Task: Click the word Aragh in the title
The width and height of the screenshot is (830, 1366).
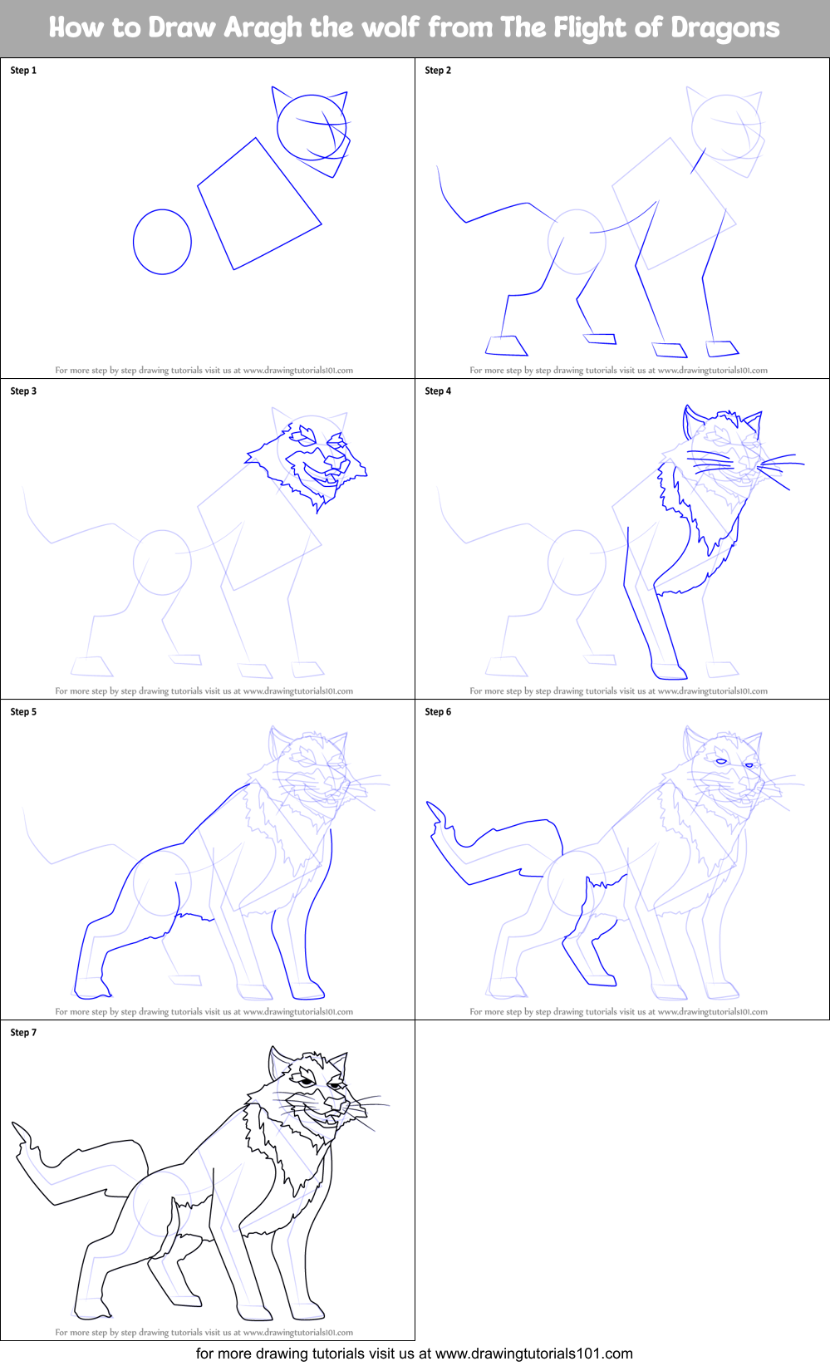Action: pos(263,28)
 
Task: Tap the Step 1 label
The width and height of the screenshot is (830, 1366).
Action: pos(23,71)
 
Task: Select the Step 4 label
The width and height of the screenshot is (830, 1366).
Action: pos(438,391)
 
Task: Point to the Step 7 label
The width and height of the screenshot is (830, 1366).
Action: pos(23,1033)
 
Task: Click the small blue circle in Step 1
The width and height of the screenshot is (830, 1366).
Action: pos(162,242)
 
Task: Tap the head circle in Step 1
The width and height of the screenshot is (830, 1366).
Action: pos(312,126)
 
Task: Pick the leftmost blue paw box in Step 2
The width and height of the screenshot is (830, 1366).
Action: pos(506,345)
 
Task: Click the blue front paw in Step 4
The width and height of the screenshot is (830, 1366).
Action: pos(668,671)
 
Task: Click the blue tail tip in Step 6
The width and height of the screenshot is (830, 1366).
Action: pos(434,810)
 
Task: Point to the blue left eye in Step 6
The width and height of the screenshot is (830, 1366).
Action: pos(721,762)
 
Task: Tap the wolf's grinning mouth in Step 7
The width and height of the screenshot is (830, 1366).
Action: pos(319,1113)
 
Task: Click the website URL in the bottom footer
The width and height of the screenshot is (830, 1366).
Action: pos(534,1354)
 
